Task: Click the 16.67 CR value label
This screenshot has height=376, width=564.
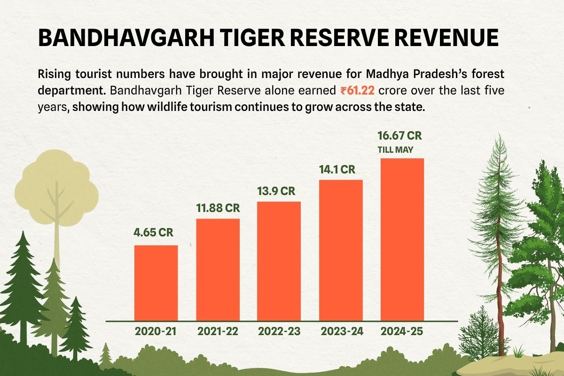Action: pyautogui.click(x=400, y=136)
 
